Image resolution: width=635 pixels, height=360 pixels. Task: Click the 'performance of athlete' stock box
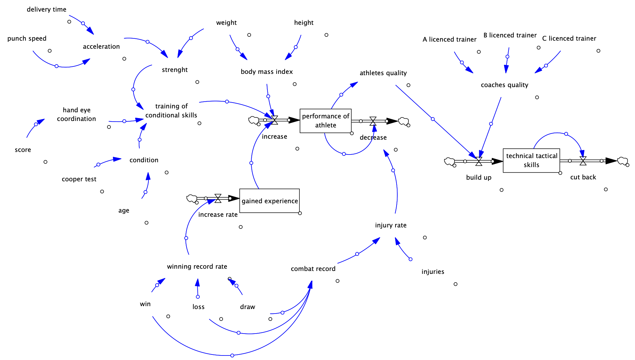(325, 121)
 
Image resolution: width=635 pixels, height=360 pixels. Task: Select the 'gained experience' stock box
(269, 201)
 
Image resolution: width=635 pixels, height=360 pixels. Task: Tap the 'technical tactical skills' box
(531, 160)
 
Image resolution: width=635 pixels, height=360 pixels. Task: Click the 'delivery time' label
(46, 9)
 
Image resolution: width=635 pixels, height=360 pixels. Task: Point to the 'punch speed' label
(27, 38)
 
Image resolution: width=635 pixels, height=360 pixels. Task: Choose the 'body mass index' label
(267, 72)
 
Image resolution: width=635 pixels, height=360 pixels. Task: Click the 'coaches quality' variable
(504, 85)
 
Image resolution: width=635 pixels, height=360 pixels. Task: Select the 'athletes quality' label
(383, 73)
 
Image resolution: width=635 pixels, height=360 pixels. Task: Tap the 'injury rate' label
(390, 225)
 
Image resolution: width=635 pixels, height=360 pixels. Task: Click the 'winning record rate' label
(197, 266)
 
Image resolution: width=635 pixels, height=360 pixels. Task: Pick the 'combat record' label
(313, 269)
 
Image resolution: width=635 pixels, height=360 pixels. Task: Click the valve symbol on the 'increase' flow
(274, 120)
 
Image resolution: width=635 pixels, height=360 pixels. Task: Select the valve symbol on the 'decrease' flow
(373, 121)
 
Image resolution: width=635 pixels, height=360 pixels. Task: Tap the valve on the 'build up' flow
(479, 161)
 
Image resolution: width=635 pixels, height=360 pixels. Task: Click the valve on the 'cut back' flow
(583, 161)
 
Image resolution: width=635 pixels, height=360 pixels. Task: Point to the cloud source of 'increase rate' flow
(192, 198)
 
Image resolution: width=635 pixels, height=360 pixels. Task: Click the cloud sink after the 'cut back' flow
(622, 161)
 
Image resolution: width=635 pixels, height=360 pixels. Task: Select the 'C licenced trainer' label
(569, 38)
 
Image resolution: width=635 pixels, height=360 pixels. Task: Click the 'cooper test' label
(79, 179)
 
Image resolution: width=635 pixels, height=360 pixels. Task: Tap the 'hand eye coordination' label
(76, 114)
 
